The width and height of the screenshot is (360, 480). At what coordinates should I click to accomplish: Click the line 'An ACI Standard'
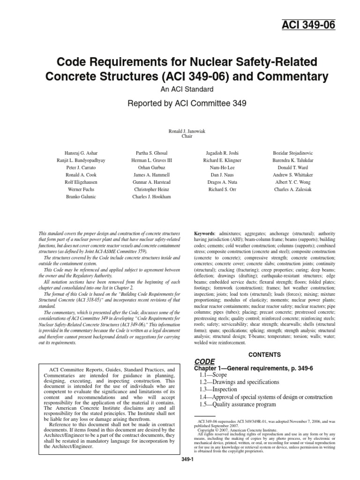tap(180, 89)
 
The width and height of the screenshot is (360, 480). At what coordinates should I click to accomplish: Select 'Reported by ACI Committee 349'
tap(180, 104)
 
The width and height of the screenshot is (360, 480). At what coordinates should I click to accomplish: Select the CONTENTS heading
tap(264, 355)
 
